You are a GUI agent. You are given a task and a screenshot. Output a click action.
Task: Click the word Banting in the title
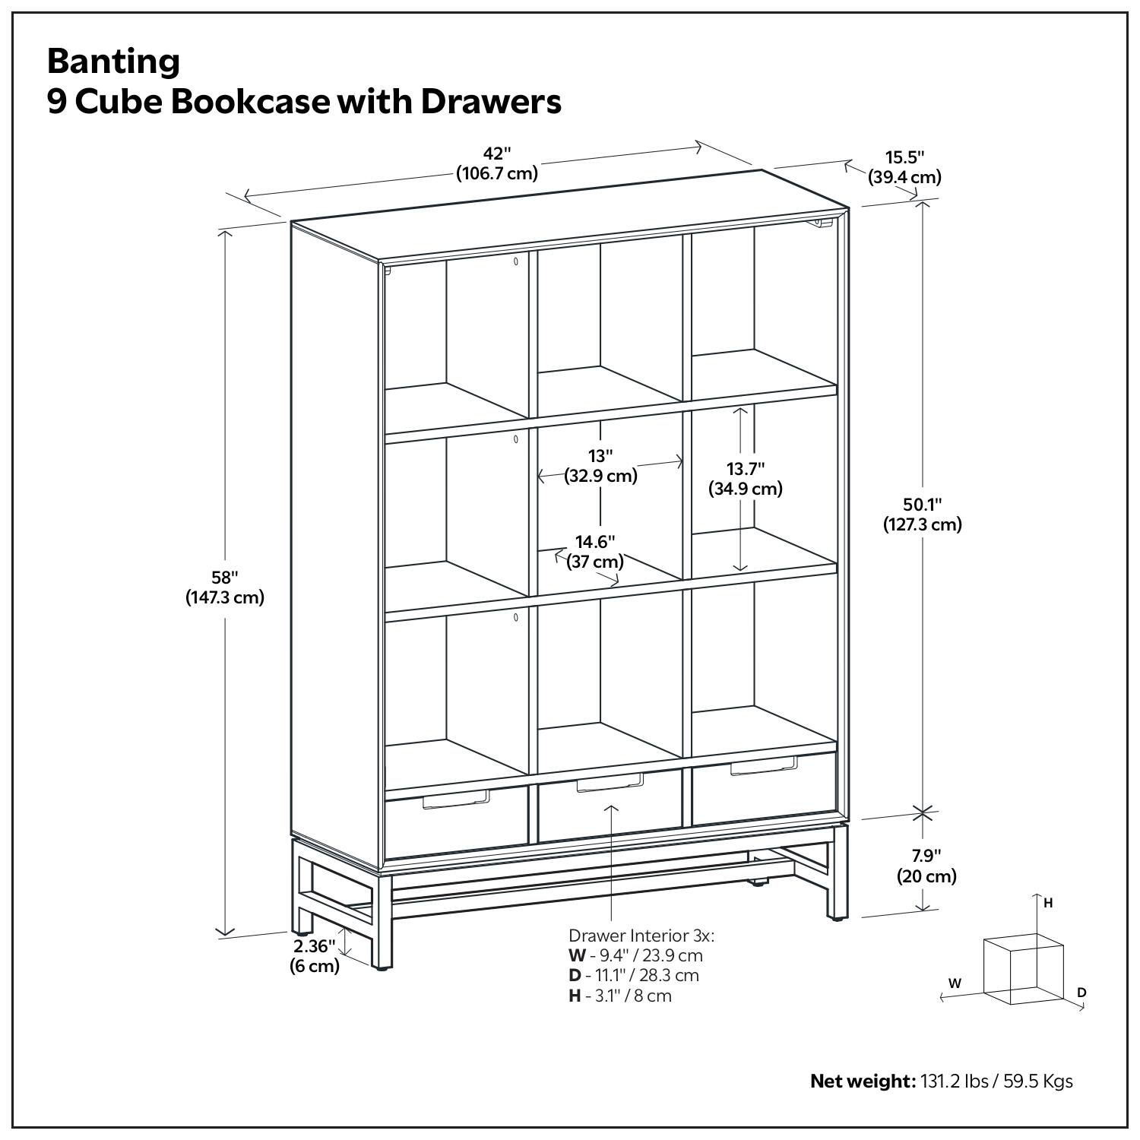[113, 61]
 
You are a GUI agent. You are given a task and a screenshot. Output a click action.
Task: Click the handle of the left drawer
[455, 799]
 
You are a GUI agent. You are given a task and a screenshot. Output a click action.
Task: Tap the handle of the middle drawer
[610, 783]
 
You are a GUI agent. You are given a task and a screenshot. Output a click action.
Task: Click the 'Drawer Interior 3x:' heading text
[641, 936]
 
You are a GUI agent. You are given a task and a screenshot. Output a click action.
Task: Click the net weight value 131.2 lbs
[953, 1081]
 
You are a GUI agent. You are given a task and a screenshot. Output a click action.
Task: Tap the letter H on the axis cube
[1048, 903]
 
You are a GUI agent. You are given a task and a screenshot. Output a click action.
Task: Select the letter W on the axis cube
[955, 983]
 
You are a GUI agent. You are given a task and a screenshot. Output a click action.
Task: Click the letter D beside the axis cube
[1081, 993]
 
